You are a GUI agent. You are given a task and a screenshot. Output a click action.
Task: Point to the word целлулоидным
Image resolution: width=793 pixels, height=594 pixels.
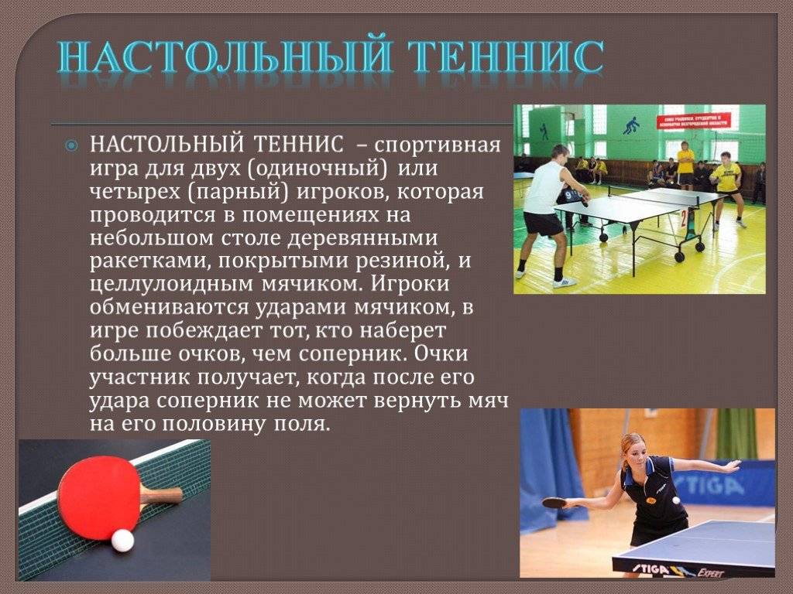pyautogui.click(x=171, y=284)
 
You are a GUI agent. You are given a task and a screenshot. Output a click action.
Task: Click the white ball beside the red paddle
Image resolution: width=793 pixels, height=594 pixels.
pyautogui.click(x=122, y=541)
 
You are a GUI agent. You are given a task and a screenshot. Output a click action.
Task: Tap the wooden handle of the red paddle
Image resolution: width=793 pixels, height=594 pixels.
pyautogui.click(x=161, y=496)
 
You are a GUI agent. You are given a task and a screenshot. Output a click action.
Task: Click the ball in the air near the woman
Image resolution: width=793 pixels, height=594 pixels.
pyautogui.click(x=676, y=500)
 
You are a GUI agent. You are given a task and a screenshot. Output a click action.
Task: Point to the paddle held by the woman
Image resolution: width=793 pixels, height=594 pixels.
pyautogui.click(x=554, y=503)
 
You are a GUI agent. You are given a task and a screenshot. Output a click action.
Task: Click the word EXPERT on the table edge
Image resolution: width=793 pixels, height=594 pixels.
pyautogui.click(x=711, y=572)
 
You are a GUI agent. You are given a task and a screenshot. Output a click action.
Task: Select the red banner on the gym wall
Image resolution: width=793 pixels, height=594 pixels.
pyautogui.click(x=695, y=121)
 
